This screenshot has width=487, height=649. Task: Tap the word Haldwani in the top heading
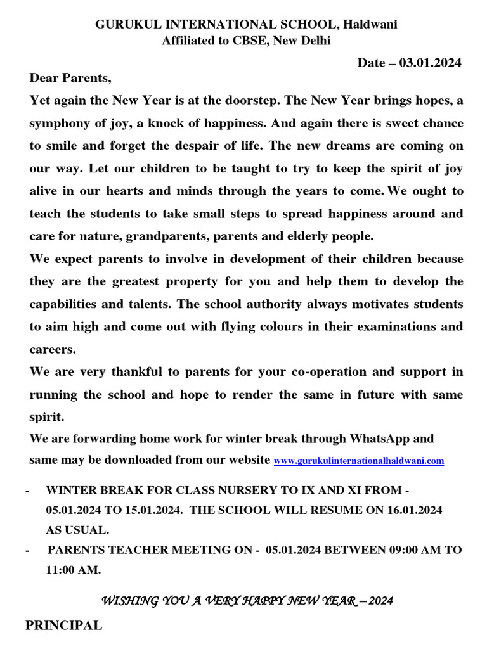pyautogui.click(x=371, y=25)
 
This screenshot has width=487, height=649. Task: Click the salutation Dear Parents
pyautogui.click(x=70, y=79)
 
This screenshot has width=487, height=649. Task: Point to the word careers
pyautogui.click(x=52, y=349)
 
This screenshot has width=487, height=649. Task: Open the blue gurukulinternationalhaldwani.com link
pyautogui.click(x=358, y=461)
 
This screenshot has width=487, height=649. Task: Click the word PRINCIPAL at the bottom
pyautogui.click(x=63, y=626)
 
